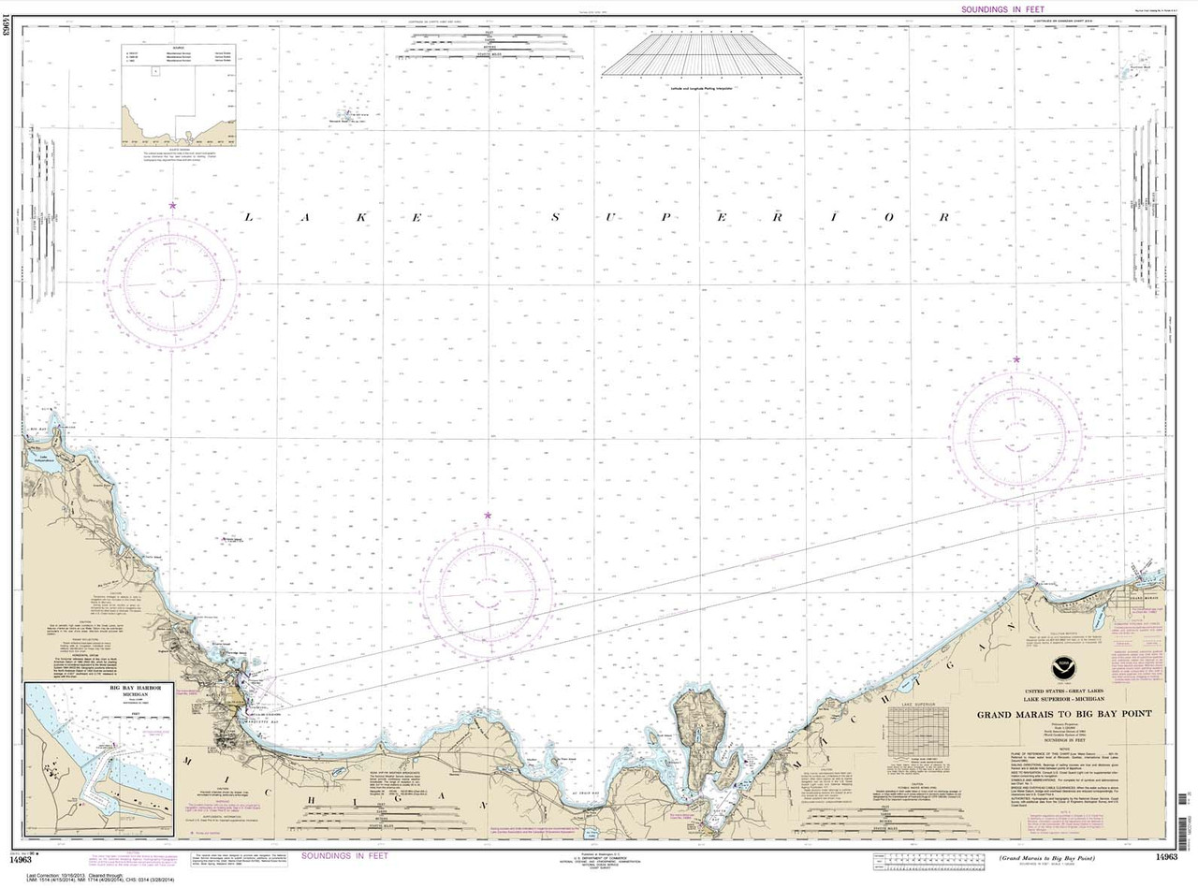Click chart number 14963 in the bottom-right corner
1166,857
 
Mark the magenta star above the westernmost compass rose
172,205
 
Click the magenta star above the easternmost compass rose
1016,360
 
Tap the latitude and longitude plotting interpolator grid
703,52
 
